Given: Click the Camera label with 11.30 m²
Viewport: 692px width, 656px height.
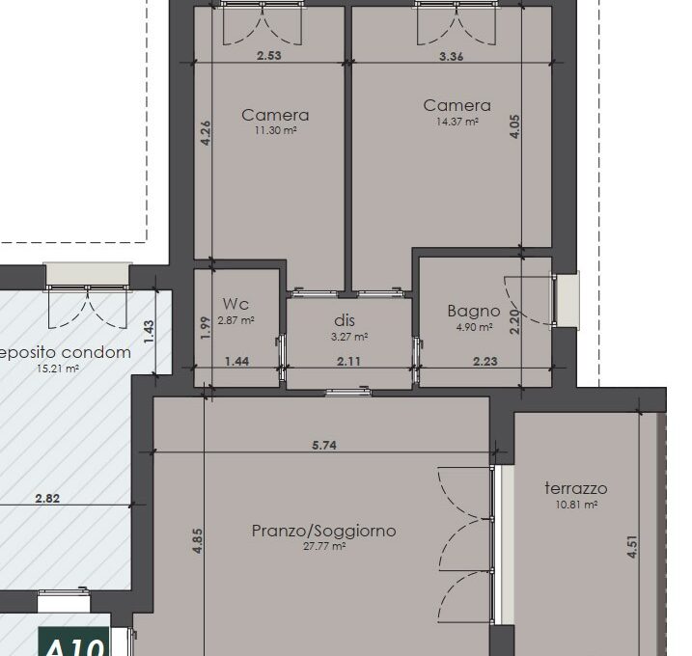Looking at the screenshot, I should (275, 116).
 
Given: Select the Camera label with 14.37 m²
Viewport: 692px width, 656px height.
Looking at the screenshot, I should (457, 106).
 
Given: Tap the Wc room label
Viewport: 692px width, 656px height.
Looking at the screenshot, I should (236, 305).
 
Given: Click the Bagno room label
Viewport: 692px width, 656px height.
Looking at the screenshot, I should (474, 311).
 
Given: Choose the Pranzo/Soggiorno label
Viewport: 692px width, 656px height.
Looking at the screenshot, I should (323, 531).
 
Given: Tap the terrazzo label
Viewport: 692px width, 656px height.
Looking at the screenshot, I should (575, 488).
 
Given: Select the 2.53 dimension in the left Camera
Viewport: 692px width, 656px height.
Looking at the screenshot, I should (269, 56).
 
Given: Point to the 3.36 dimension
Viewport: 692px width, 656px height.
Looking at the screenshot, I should (451, 56).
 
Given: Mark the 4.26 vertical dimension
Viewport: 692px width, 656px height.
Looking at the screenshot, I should (205, 133).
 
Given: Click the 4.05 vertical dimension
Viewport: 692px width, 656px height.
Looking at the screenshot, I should (515, 128).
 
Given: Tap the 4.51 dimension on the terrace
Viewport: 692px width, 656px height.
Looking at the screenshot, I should (633, 548).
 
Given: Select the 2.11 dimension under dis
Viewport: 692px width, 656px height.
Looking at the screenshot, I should (348, 362).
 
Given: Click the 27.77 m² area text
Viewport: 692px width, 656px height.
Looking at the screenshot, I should (324, 546).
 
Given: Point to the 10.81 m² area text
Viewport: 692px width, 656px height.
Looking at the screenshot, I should (576, 504).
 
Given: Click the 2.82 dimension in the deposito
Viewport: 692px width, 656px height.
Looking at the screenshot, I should (47, 499).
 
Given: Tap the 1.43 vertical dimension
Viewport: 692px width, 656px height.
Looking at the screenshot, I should (148, 332).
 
